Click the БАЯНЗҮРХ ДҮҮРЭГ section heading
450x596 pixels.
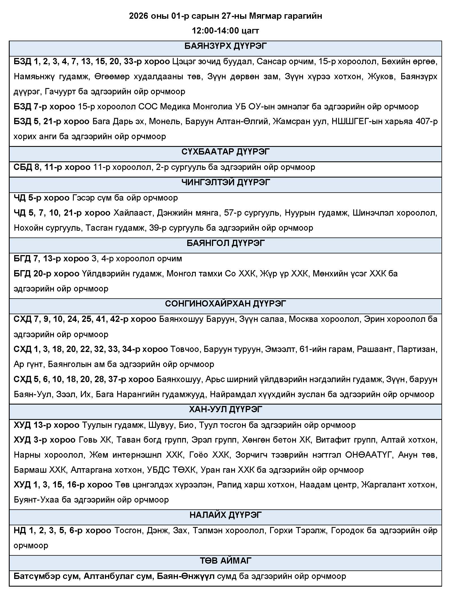tap(225, 46)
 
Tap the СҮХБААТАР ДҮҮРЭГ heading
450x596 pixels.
tap(225, 152)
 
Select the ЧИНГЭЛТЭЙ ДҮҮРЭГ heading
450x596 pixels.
tap(225, 182)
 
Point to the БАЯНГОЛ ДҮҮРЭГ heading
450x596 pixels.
tap(225, 243)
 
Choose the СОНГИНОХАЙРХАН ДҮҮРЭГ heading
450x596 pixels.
tap(225, 304)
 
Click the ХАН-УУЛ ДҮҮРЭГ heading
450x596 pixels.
tap(225, 409)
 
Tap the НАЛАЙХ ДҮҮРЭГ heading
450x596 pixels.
tap(225, 515)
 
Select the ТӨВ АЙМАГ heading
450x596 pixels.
tap(225, 560)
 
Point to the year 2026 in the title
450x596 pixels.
tap(139, 16)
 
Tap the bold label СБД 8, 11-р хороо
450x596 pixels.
tap(52, 167)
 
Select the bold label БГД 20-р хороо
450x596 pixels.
tap(47, 274)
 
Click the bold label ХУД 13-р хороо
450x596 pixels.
tap(47, 425)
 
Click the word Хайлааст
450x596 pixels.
tap(133, 213)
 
